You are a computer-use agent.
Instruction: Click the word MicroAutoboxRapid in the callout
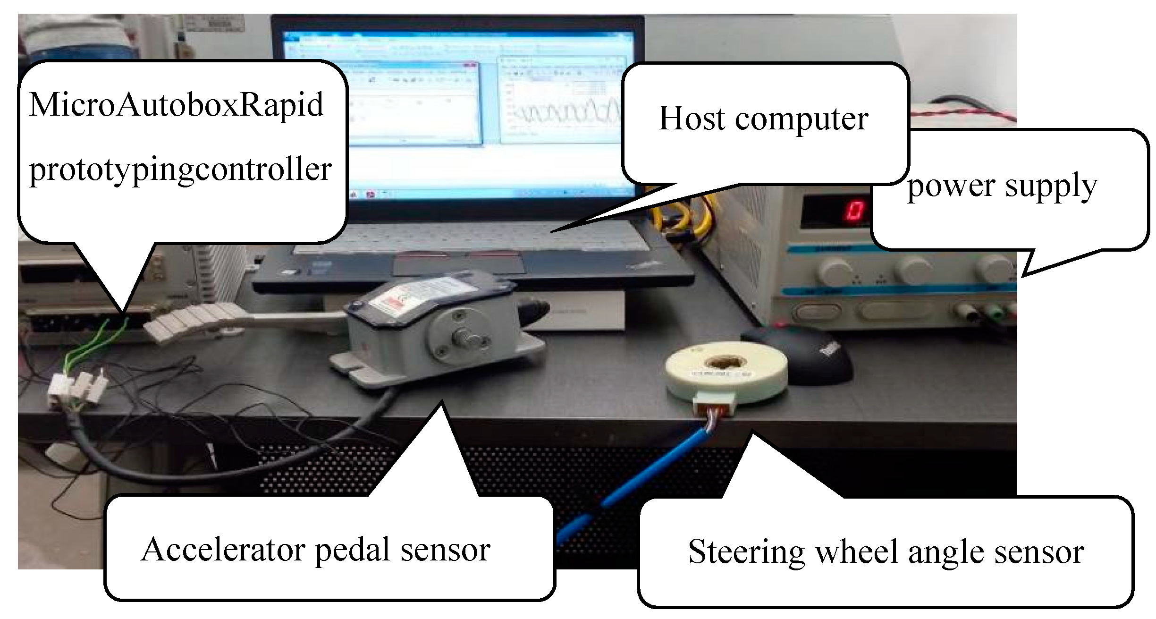click(x=176, y=105)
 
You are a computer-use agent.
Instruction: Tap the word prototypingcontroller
click(x=180, y=169)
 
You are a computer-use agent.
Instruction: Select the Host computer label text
click(x=763, y=118)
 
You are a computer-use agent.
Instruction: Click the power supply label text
click(x=1002, y=186)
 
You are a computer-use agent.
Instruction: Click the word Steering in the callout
click(x=746, y=551)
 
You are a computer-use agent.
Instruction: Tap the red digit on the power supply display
click(x=853, y=211)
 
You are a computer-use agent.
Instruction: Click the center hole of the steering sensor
click(x=724, y=364)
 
